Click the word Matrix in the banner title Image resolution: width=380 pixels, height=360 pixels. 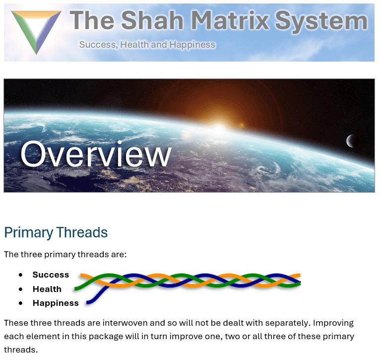(230, 20)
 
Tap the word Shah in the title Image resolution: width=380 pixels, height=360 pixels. (152, 20)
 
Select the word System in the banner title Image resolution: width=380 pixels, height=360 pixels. (321, 21)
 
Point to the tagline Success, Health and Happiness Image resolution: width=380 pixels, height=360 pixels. (147, 45)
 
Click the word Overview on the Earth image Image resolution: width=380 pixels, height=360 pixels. (96, 154)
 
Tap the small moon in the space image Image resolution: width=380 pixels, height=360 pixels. (350, 141)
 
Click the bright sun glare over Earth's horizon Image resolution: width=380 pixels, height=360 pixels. (219, 128)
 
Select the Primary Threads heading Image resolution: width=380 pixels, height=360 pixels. (56, 232)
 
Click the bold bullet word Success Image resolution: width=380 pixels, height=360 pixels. (51, 275)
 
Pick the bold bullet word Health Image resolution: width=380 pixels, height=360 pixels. (47, 289)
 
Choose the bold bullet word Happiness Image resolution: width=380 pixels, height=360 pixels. (56, 303)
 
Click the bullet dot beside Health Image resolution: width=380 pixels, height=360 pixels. (21, 289)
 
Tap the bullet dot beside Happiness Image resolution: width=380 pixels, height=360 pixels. (21, 303)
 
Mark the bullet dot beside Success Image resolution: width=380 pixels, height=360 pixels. (21, 275)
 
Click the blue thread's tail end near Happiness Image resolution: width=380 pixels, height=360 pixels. (88, 303)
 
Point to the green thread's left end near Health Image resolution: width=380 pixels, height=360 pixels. (75, 288)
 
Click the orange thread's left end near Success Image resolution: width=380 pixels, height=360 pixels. (82, 275)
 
